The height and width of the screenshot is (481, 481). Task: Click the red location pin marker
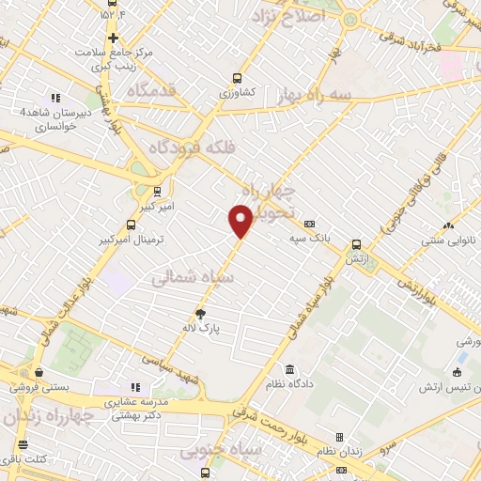click(240, 219)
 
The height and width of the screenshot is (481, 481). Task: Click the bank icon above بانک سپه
click(309, 223)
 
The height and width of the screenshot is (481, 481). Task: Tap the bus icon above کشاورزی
click(238, 79)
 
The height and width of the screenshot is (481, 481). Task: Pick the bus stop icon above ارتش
click(356, 242)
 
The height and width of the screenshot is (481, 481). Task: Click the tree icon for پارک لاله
click(199, 314)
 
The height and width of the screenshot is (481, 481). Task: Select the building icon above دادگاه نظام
click(287, 369)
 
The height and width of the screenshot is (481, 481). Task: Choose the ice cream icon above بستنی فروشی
click(38, 372)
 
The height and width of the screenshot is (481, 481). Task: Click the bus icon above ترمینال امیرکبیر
click(130, 225)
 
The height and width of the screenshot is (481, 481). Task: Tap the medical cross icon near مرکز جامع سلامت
click(114, 39)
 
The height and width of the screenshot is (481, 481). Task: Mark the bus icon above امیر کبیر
click(157, 188)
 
